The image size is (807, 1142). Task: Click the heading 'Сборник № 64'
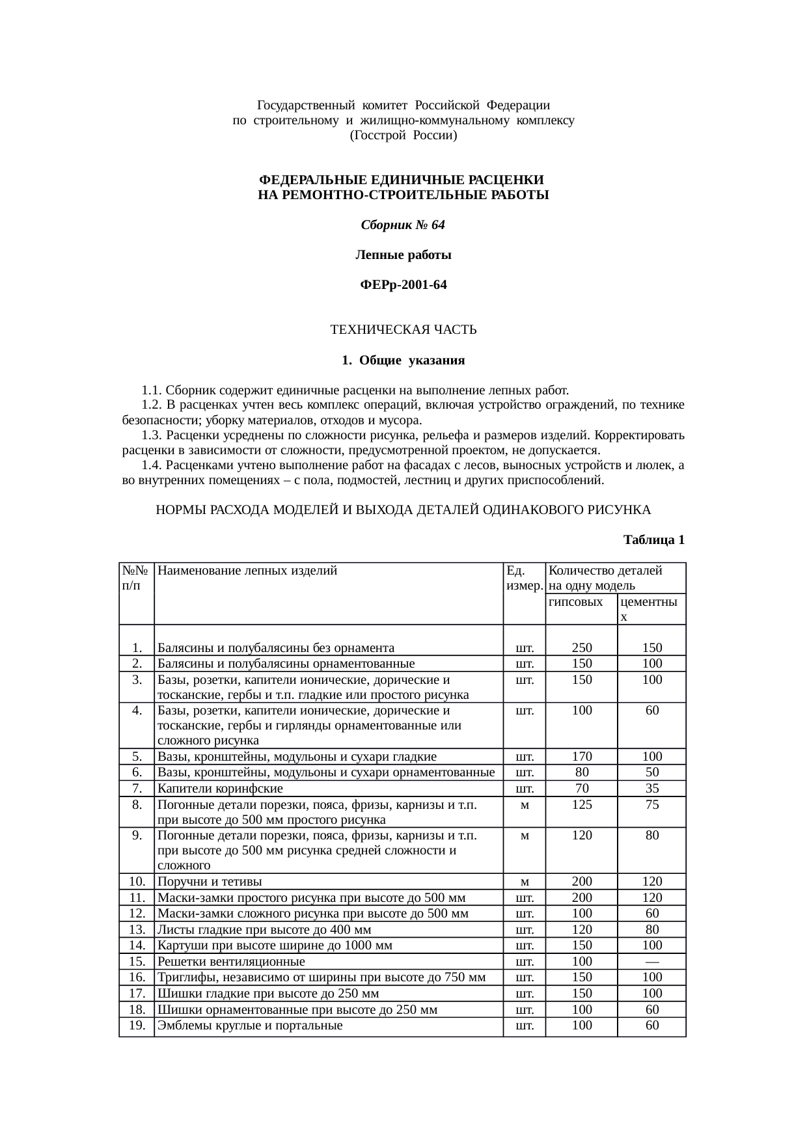(x=403, y=225)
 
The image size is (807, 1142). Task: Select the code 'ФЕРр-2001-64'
(x=403, y=285)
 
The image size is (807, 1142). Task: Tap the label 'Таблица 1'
(x=653, y=539)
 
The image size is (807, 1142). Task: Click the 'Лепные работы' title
(x=403, y=255)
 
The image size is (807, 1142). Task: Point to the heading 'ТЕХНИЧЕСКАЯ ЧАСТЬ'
(x=403, y=330)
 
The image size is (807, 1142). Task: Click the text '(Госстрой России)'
(x=403, y=136)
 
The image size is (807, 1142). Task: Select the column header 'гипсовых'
(x=575, y=602)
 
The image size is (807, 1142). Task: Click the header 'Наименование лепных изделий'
(x=247, y=571)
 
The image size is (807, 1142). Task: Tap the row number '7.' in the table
(x=137, y=789)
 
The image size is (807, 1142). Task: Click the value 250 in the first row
(x=581, y=647)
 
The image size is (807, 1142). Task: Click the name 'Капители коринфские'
(x=220, y=789)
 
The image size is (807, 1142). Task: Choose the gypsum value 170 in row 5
(x=581, y=756)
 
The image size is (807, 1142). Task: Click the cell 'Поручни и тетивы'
(x=210, y=882)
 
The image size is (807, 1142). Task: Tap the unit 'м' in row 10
(x=524, y=882)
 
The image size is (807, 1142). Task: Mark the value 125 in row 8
(x=581, y=804)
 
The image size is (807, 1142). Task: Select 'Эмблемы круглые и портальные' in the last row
(x=250, y=1026)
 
